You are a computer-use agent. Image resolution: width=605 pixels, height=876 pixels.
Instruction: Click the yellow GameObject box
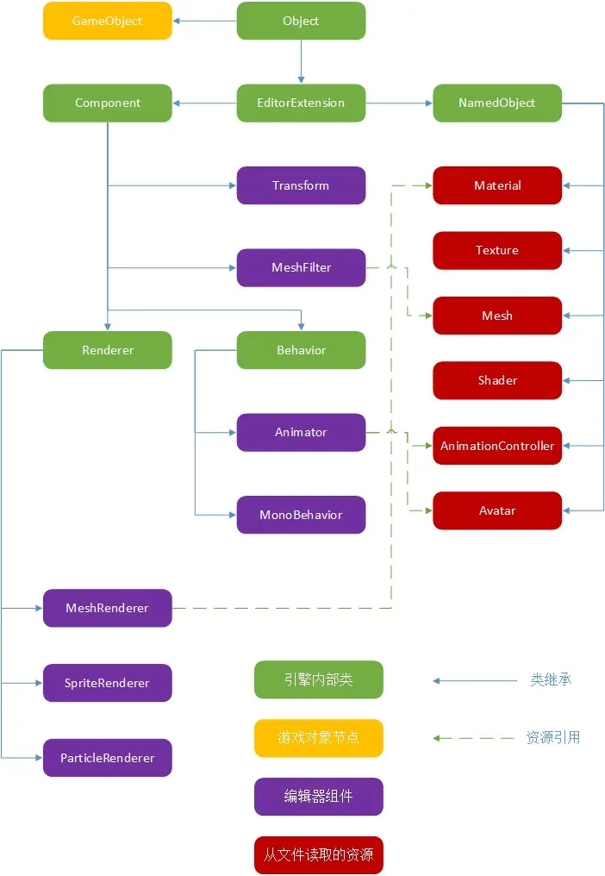[x=108, y=21]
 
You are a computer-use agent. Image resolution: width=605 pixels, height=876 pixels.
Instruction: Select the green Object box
[x=301, y=21]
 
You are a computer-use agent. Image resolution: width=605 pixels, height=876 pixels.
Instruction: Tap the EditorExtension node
[x=301, y=103]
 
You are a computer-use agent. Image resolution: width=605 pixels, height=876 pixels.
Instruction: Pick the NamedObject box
[x=496, y=103]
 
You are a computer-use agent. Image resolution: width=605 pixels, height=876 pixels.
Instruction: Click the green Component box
[x=108, y=103]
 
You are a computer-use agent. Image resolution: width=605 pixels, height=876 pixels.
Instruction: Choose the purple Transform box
[x=301, y=185]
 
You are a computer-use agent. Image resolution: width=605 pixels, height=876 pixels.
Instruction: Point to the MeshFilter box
[x=301, y=267]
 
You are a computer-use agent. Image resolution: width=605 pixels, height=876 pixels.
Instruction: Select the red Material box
[x=497, y=185]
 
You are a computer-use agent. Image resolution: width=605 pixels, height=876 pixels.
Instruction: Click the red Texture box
[x=497, y=250]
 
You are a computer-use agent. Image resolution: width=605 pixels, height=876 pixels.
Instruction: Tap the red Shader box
[x=497, y=380]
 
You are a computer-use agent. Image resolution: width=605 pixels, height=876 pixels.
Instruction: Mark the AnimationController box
[x=497, y=446]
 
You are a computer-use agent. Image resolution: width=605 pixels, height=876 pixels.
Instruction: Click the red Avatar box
[x=497, y=510]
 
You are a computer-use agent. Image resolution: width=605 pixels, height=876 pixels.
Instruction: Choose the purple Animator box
[x=301, y=432]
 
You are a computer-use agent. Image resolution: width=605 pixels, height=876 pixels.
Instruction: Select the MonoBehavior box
[x=301, y=515]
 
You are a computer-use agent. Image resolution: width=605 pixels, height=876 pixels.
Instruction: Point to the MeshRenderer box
[x=108, y=608]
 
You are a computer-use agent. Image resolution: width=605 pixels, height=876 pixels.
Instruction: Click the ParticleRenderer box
[x=108, y=758]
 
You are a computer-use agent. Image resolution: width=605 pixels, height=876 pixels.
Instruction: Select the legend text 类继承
[x=551, y=679]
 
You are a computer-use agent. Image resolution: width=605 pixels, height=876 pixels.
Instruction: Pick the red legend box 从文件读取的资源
[x=318, y=855]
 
